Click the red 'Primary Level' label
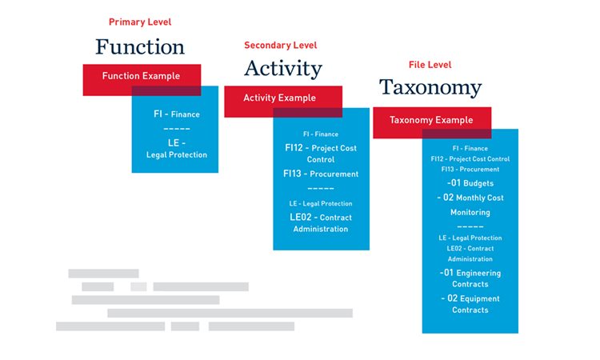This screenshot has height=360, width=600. [140, 22]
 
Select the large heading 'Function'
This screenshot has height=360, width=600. [140, 46]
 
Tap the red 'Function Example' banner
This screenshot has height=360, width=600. [141, 76]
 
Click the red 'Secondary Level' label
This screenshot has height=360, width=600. [280, 46]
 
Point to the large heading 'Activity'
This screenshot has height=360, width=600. [282, 69]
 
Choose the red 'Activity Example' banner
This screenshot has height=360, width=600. [279, 98]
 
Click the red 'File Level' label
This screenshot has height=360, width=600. [430, 65]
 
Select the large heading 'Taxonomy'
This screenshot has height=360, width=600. [430, 87]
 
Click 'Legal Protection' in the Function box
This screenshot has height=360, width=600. [176, 154]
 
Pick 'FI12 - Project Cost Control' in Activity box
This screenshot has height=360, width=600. [320, 154]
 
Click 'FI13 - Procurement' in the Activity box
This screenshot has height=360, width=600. [320, 174]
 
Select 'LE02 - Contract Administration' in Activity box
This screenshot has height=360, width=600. [320, 223]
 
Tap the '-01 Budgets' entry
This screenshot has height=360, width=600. [470, 183]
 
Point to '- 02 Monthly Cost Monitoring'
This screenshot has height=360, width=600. [470, 205]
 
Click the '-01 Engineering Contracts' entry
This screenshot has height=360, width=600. [470, 278]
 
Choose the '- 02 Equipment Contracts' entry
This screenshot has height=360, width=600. [470, 304]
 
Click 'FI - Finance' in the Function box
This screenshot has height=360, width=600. [176, 114]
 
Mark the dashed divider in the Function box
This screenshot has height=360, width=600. [176, 128]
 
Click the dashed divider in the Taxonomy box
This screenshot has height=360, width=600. [470, 226]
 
